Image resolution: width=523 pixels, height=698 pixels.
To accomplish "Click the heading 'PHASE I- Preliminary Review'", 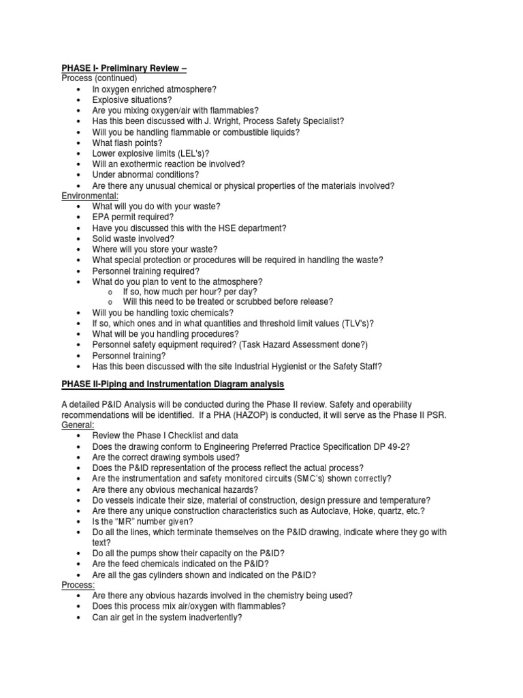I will (121, 68).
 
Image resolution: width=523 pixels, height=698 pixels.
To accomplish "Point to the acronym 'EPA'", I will (103, 217).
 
